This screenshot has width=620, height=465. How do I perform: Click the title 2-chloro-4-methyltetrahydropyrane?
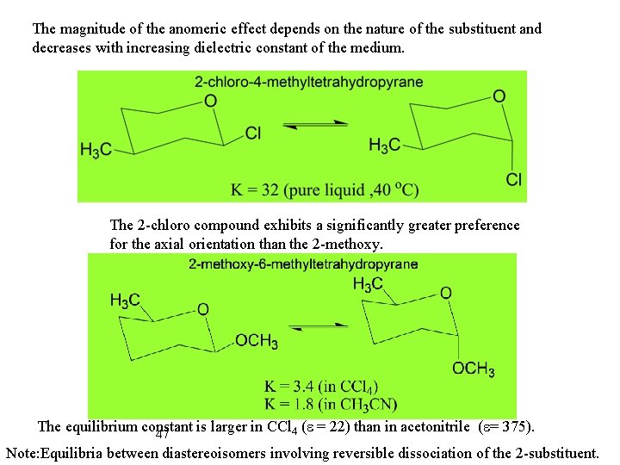coord(296,82)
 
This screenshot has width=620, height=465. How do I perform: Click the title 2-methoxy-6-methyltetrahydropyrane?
coord(303,263)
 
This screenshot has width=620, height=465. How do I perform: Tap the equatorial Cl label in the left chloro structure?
coord(253,133)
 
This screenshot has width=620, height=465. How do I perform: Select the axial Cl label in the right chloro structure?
coord(514,179)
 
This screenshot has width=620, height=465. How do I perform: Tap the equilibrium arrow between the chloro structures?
coord(315,126)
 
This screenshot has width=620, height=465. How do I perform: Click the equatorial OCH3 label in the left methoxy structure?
coord(257,342)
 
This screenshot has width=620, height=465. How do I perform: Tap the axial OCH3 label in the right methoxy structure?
coord(474,369)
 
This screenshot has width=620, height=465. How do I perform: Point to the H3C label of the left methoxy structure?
coord(125,300)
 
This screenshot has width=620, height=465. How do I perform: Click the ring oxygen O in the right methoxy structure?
coord(445,294)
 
